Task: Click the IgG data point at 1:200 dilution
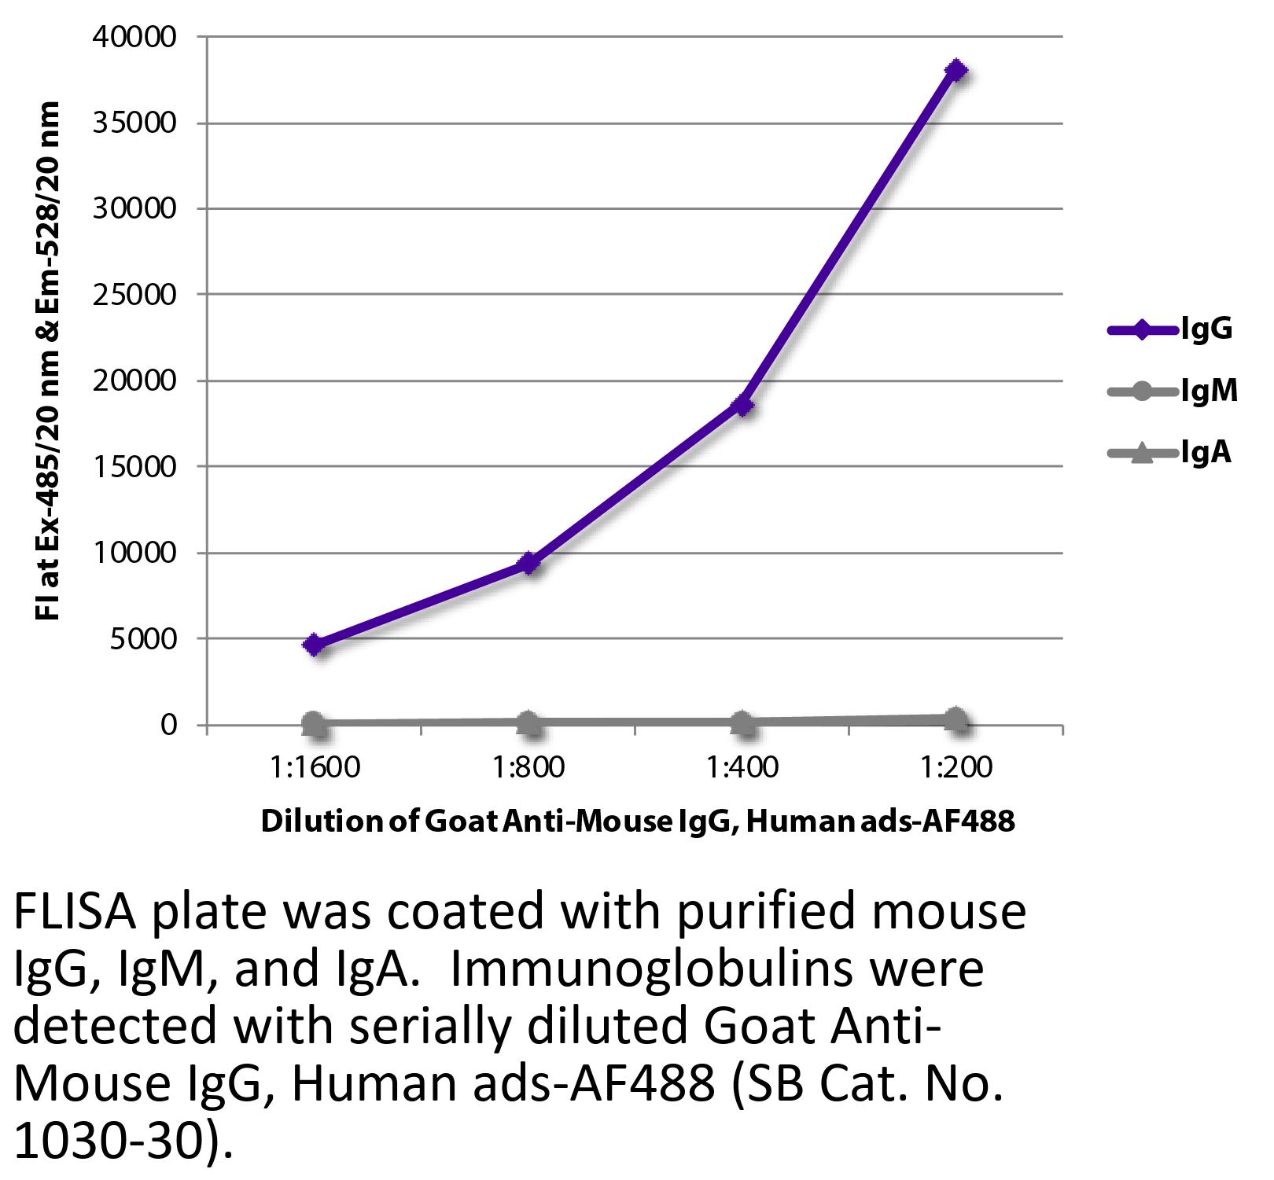[955, 71]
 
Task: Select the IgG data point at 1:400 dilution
[742, 406]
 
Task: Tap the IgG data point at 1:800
[529, 563]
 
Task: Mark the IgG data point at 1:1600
[315, 645]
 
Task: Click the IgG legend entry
[1169, 329]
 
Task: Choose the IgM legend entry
[1172, 391]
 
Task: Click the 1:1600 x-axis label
[315, 766]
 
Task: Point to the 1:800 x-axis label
[528, 766]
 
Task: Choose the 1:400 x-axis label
[742, 766]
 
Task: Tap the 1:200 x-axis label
[956, 766]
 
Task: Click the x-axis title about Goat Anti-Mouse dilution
[637, 822]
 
